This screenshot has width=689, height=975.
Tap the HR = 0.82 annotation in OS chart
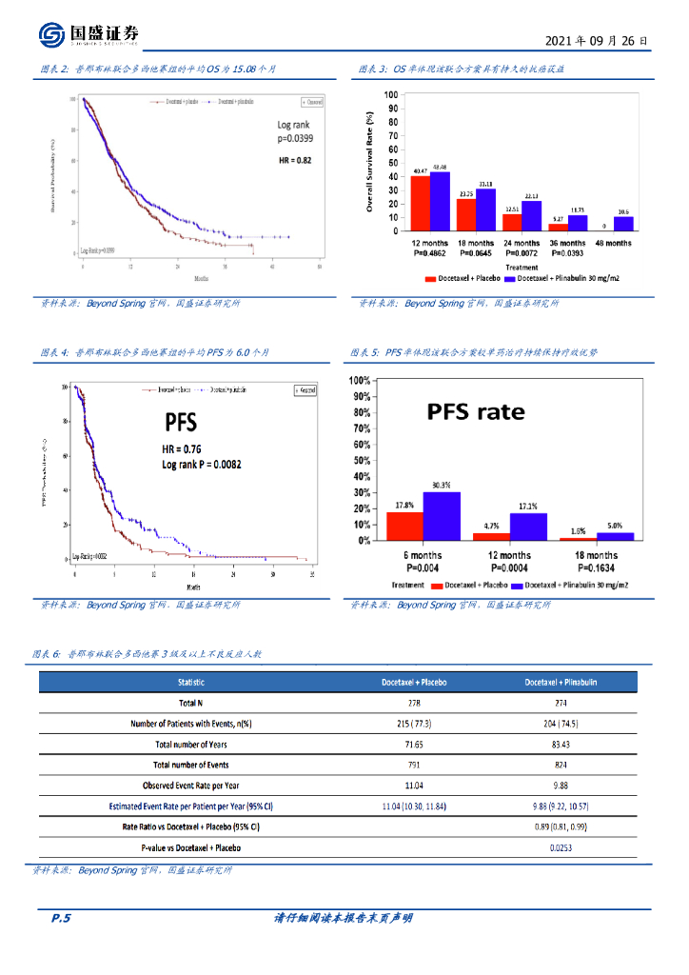coord(296,160)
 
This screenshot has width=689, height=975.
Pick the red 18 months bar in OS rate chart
coord(466,214)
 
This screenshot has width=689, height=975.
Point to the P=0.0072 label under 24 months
coord(525,255)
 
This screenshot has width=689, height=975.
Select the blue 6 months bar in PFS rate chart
coord(442,516)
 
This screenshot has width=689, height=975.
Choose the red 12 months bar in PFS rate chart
coord(491,536)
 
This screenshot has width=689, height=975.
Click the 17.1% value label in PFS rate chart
coord(527,507)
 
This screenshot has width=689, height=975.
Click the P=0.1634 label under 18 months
coord(596,567)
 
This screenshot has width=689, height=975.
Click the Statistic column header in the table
coord(191,683)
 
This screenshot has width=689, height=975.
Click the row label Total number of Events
coord(191,765)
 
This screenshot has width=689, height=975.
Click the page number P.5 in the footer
coord(61,918)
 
